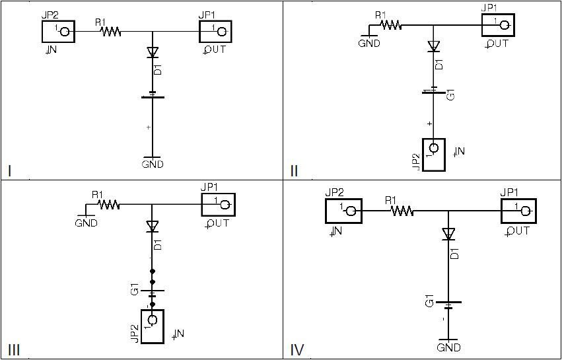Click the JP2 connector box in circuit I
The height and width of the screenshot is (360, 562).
(x=57, y=31)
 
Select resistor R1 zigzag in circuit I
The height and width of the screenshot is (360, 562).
(x=111, y=31)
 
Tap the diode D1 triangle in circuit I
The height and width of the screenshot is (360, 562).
(x=153, y=52)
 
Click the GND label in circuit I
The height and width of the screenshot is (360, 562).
(x=153, y=164)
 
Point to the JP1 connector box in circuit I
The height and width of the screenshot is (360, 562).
(x=216, y=31)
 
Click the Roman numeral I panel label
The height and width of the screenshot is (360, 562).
(x=10, y=171)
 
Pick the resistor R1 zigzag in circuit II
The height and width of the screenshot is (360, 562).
(x=391, y=25)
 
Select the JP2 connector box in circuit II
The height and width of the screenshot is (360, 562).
(x=433, y=155)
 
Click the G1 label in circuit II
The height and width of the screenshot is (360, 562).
(x=451, y=94)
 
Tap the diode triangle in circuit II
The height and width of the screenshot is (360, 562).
(x=433, y=46)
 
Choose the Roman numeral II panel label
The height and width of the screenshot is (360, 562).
(x=294, y=171)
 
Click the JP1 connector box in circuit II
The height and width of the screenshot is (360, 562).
(x=498, y=25)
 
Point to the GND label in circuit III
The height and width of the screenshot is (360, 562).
(x=87, y=223)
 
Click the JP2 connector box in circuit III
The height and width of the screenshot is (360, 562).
(x=152, y=326)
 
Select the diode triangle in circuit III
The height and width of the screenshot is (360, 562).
(x=153, y=226)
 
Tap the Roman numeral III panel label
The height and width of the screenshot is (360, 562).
(x=13, y=350)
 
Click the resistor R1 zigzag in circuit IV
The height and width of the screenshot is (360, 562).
(x=402, y=211)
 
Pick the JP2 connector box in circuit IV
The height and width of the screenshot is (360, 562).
(x=343, y=211)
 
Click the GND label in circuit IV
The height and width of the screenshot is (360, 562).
(x=449, y=347)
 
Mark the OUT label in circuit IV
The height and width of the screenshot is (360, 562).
(x=519, y=231)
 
